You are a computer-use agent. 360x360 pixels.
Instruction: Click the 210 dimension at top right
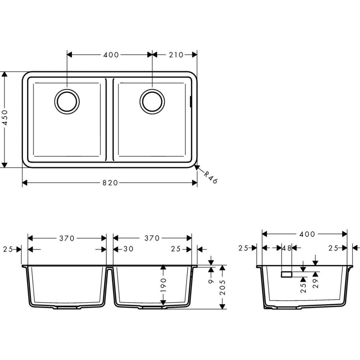tap(176, 55)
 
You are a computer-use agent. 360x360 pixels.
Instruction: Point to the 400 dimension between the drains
tap(111, 55)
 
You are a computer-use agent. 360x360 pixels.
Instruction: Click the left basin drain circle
tap(67, 101)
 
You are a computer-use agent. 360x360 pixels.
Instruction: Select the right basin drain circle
tap(152, 101)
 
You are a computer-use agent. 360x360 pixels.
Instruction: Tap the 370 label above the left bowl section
tap(67, 238)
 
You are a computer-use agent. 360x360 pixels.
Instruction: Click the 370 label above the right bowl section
tap(152, 238)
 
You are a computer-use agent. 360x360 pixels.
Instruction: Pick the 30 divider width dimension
tap(128, 249)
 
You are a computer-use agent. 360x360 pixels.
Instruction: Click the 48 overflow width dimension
tap(287, 248)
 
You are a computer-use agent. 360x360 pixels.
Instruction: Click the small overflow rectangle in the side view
tap(287, 275)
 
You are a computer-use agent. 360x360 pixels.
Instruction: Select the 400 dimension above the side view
tap(307, 234)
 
